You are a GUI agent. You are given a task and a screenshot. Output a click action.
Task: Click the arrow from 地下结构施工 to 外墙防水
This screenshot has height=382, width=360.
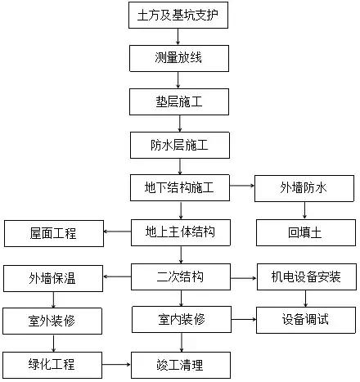[240, 188]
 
